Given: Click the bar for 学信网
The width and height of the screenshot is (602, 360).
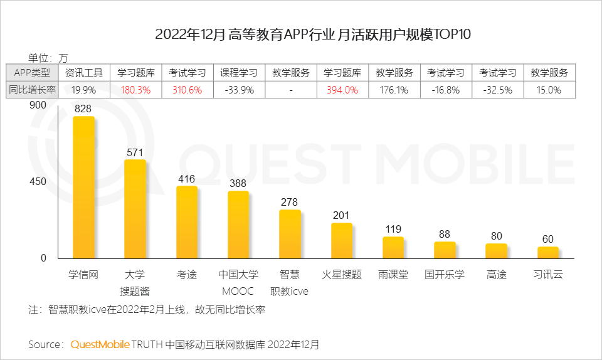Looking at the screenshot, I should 83,188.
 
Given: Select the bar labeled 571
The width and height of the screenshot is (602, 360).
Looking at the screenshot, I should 135,209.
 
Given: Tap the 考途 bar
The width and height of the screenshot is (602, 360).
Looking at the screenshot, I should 187,223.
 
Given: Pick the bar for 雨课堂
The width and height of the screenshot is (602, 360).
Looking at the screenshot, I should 393,248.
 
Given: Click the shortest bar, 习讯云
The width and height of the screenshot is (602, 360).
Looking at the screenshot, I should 548,253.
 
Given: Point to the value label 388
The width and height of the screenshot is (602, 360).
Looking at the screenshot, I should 238,184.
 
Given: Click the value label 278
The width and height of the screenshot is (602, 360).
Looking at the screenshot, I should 290,202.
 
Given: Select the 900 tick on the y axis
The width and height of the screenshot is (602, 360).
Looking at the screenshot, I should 38,105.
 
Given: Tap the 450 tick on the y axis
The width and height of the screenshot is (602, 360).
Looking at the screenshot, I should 38,182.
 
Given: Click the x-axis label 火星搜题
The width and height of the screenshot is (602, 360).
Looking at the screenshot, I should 342,275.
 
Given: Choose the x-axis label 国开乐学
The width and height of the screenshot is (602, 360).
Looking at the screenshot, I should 445,275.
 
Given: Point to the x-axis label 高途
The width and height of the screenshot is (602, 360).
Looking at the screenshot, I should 496,275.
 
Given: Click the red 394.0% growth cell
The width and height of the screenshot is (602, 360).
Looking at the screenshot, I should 342,90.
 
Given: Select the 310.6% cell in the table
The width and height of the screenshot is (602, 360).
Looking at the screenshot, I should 187,90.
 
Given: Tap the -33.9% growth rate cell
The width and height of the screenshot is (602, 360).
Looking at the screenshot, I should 238,90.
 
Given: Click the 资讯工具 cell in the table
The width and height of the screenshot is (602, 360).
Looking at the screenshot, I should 83,73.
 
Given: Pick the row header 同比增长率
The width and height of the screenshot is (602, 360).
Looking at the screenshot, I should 32,90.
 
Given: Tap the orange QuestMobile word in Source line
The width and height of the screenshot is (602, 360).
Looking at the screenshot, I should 100,344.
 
